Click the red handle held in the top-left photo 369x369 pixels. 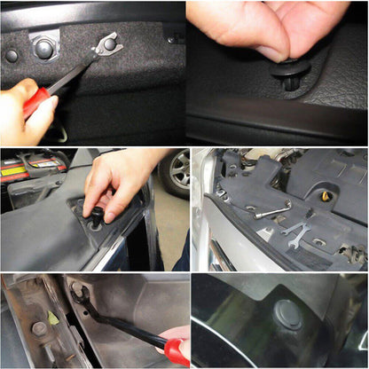click(x=35, y=103)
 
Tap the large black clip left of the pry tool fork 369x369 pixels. click(x=44, y=48)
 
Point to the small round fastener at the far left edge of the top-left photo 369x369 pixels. click(x=11, y=56)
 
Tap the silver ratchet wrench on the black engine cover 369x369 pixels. click(x=271, y=211)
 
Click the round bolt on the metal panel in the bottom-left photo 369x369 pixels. click(x=40, y=328)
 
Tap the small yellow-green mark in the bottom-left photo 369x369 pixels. click(x=53, y=318)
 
